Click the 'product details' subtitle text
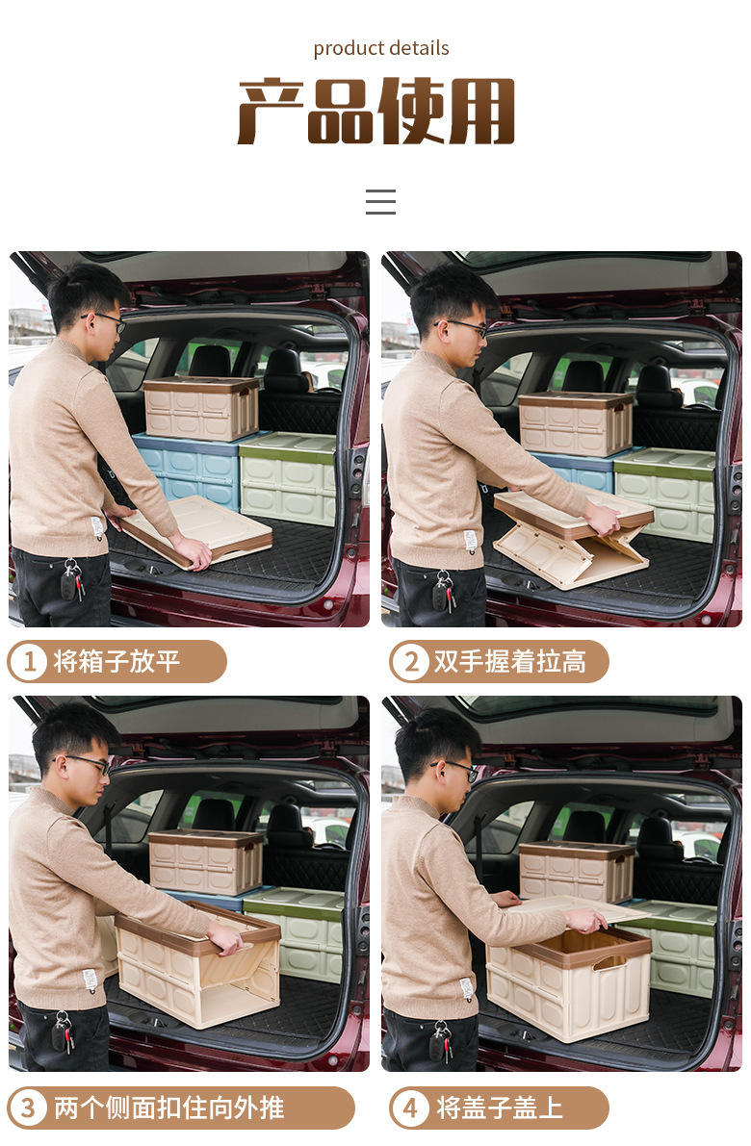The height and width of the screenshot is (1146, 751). coord(381,48)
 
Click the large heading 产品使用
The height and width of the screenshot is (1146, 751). coord(376,112)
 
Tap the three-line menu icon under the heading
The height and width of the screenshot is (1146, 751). coord(380,202)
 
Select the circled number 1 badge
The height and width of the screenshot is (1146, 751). coord(29,662)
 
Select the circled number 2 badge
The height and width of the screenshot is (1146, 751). coord(411,662)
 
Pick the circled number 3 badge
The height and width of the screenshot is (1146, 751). coord(29,1108)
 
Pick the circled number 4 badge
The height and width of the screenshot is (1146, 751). coord(411,1108)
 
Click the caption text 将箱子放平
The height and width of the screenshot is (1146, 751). coord(117,662)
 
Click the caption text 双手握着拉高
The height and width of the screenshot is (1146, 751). coord(509,662)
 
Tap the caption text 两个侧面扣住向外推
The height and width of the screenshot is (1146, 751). coord(168,1108)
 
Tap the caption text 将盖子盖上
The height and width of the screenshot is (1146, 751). coord(500,1108)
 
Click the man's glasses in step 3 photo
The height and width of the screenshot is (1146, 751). coord(89,763)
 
